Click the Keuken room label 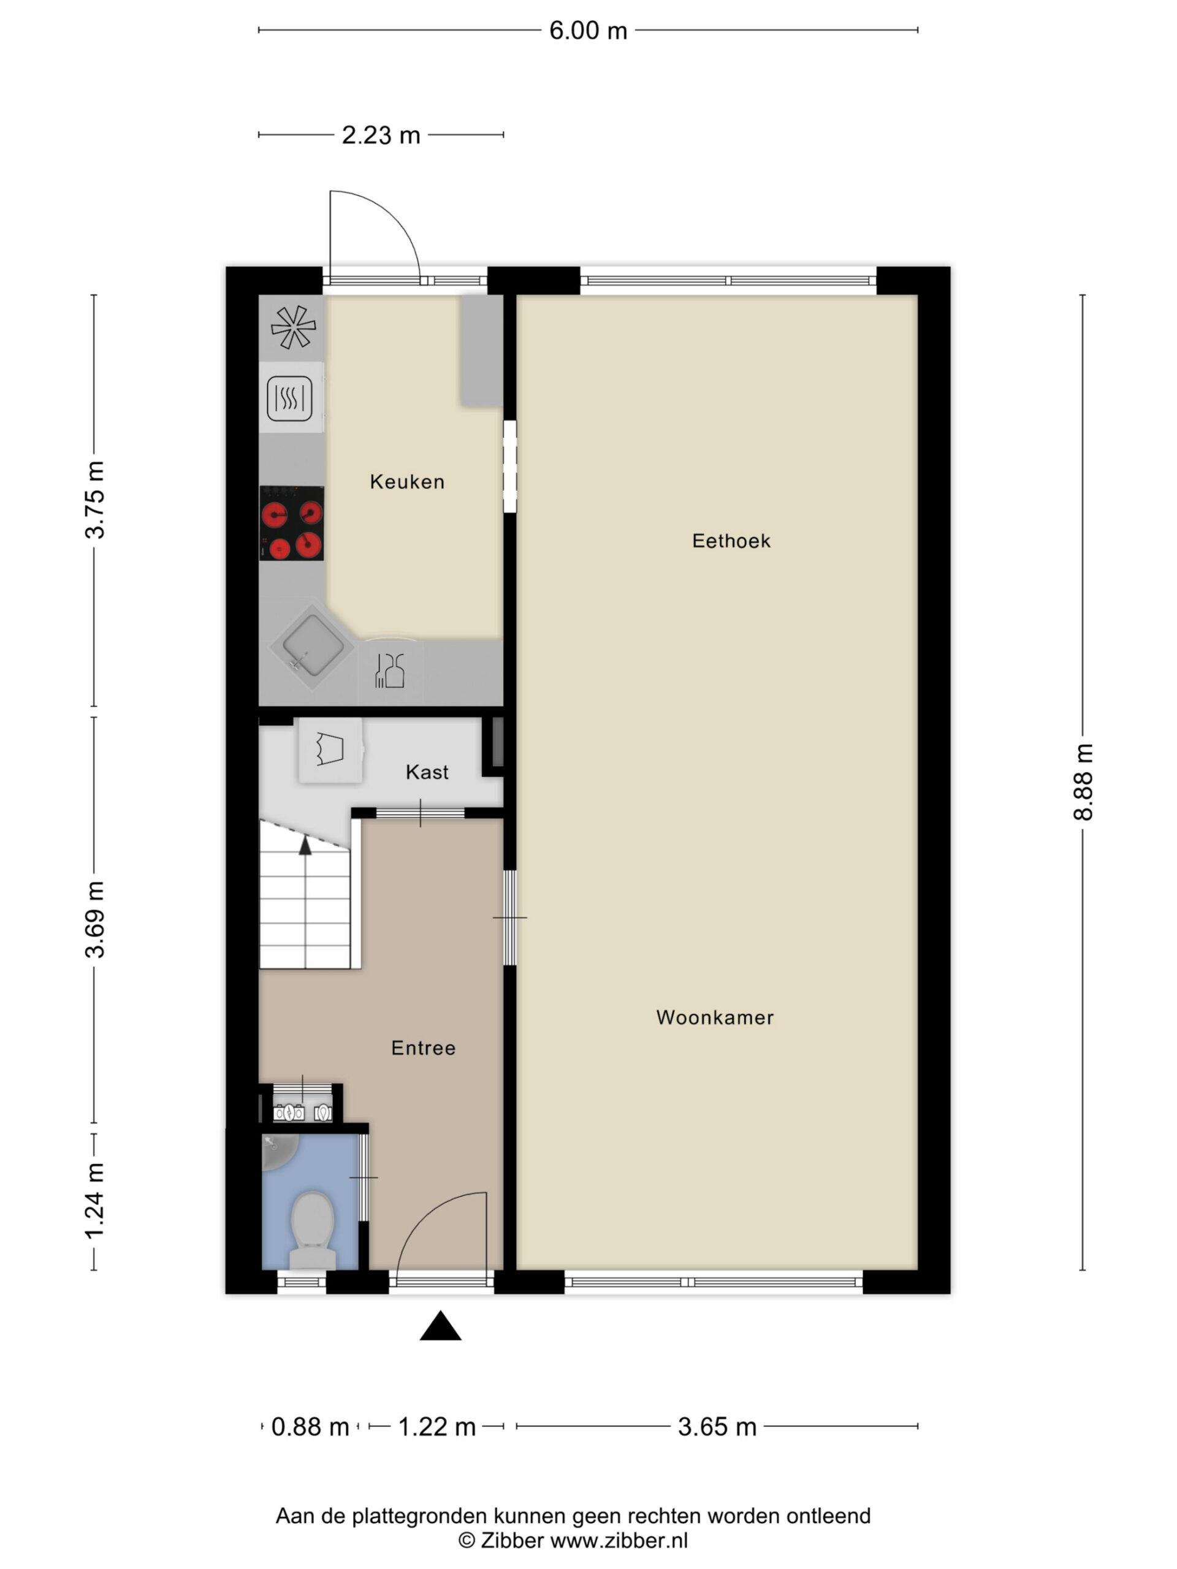coord(407,482)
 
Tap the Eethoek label coord(731,541)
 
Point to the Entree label coord(423,1049)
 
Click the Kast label coord(427,772)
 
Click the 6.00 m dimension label coord(588,31)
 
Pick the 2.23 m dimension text coord(381,135)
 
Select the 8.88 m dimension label coord(1083,783)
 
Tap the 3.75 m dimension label coord(95,500)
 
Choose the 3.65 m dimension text coord(717,1426)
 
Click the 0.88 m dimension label coord(310,1426)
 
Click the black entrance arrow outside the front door coord(441,1326)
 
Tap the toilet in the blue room coord(313,1231)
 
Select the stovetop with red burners coord(292,523)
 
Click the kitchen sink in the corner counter coord(311,647)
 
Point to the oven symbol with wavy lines coord(289,398)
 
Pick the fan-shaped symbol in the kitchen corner coord(293,327)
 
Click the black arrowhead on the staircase coord(305,844)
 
